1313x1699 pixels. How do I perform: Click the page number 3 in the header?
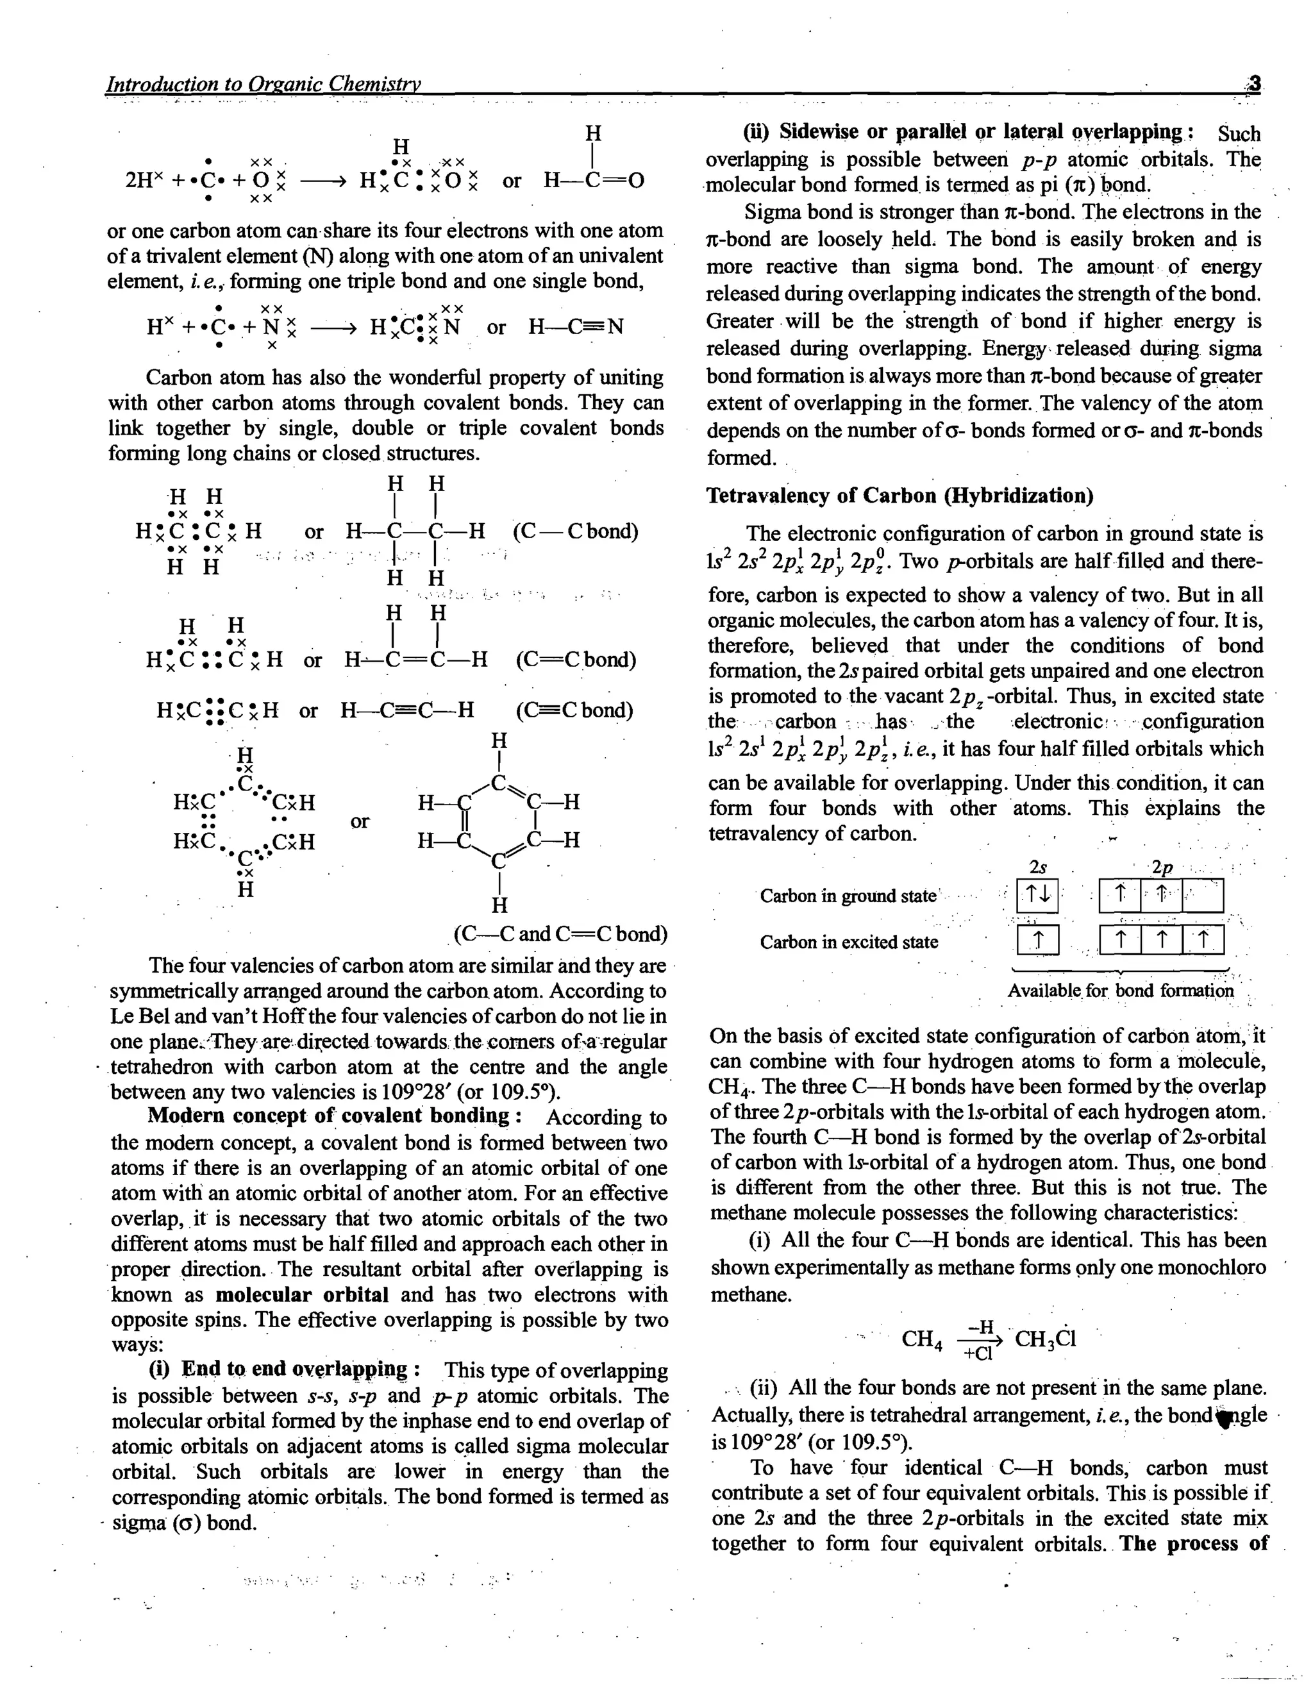[x=1253, y=84]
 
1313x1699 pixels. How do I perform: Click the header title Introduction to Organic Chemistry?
[x=263, y=84]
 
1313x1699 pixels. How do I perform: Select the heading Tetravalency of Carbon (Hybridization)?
[x=900, y=496]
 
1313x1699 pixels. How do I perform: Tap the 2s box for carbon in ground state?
[x=1038, y=896]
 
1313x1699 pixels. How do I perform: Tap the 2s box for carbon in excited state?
[x=1038, y=941]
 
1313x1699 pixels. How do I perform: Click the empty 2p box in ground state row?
[x=1203, y=896]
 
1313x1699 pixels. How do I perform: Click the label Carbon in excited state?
[x=849, y=942]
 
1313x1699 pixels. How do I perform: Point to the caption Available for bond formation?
[x=1120, y=991]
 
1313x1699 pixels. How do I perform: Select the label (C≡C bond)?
[x=574, y=710]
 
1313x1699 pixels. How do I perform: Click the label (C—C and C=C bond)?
[x=560, y=933]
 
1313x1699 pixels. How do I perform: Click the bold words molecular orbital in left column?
[x=302, y=1294]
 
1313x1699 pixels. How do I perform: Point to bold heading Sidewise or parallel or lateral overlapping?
[x=969, y=131]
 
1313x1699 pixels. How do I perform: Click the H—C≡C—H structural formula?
[x=407, y=710]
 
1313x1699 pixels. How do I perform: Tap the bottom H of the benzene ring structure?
[x=499, y=905]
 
